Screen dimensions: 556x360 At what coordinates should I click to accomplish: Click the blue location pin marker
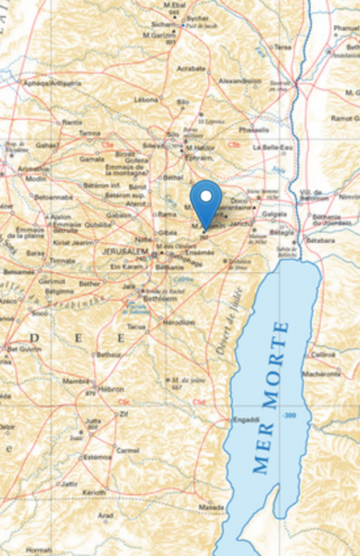[x=206, y=200]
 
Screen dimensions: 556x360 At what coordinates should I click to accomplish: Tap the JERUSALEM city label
[x=126, y=252]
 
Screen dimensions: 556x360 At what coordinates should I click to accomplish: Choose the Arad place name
[x=106, y=514]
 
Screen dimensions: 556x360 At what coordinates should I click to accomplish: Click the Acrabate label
[x=192, y=68]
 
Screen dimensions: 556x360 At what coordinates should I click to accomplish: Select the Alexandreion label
[x=239, y=81]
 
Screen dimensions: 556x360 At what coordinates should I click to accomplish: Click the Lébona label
[x=146, y=98]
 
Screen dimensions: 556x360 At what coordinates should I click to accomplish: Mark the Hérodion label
[x=178, y=322]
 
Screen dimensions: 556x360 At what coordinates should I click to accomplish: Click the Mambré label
[x=75, y=381]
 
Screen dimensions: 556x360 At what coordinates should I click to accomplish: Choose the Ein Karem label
[x=123, y=266]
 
